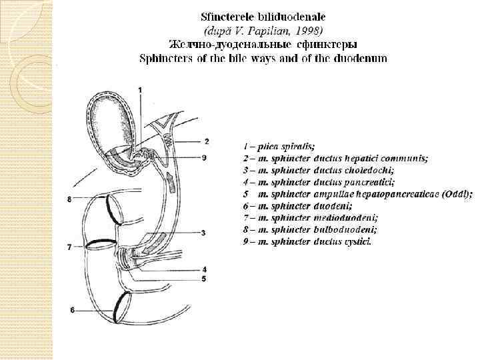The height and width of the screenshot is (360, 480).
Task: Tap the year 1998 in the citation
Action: [x=308, y=30]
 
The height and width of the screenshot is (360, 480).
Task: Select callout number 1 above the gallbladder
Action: [x=140, y=89]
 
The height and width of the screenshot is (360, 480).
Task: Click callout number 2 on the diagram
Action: [x=207, y=141]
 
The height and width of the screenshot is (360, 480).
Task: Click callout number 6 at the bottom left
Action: [x=72, y=310]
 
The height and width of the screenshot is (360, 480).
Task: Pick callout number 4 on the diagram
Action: [x=204, y=269]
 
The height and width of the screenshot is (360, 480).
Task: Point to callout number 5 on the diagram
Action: [x=204, y=278]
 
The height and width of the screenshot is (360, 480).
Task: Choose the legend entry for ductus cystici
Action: [x=307, y=242]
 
